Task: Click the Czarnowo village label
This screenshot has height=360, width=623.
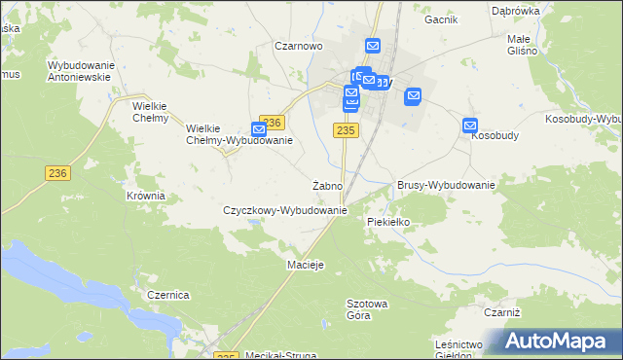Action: coord(298,46)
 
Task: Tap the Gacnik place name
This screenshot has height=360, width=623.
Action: coord(441,18)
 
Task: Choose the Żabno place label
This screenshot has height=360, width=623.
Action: coord(326,185)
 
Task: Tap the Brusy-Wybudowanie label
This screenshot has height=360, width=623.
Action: coord(447,185)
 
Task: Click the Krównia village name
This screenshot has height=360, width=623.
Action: coord(146,196)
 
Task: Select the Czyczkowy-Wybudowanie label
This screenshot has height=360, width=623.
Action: coord(285,210)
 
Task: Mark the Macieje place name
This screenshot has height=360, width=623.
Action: coord(305,265)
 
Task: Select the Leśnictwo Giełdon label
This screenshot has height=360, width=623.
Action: coord(460,350)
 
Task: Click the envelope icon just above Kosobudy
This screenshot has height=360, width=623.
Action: coord(470,126)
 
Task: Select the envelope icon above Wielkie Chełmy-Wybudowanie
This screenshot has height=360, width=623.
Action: coord(259,128)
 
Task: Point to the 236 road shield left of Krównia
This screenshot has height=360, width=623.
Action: coord(57,171)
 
